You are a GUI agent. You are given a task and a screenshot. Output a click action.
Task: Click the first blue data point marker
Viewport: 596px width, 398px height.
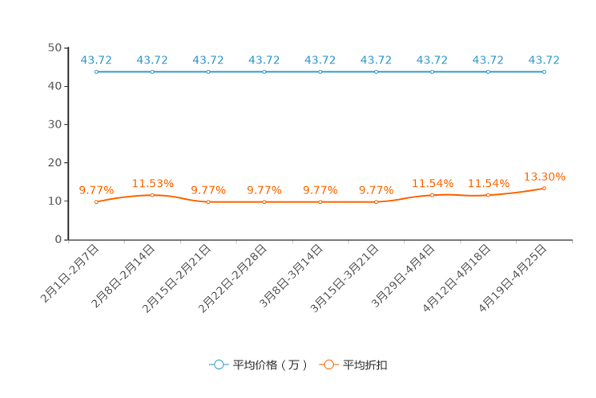[96, 72]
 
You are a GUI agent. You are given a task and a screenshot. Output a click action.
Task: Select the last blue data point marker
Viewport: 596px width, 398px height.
[545, 72]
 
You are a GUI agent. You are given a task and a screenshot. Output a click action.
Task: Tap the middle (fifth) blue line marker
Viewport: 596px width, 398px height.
[320, 72]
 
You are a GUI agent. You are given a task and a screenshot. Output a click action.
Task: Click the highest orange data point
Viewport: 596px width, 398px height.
[545, 187]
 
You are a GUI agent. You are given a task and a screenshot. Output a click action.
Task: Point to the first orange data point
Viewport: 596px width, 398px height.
[96, 202]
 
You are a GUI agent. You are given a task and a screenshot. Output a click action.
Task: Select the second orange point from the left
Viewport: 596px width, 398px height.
[152, 195]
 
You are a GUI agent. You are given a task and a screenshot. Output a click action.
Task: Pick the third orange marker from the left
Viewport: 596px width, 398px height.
[208, 202]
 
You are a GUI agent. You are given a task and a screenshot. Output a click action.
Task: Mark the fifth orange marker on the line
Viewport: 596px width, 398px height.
[320, 202]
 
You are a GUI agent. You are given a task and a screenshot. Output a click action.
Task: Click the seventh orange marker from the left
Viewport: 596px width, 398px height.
[433, 195]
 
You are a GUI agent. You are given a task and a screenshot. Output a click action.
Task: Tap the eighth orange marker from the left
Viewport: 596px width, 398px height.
[489, 195]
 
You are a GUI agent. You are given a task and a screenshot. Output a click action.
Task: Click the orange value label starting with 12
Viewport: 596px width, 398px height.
[545, 175]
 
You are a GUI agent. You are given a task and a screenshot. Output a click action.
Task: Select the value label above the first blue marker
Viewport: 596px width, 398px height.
[96, 59]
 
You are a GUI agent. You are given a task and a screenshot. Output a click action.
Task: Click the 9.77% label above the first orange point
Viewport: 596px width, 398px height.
[96, 190]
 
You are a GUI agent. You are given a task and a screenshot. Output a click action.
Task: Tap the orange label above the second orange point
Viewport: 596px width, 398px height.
[152, 183]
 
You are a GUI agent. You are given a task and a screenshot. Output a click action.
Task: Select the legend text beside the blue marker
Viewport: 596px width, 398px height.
[270, 365]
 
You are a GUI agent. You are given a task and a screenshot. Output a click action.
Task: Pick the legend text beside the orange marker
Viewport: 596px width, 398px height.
[366, 365]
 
